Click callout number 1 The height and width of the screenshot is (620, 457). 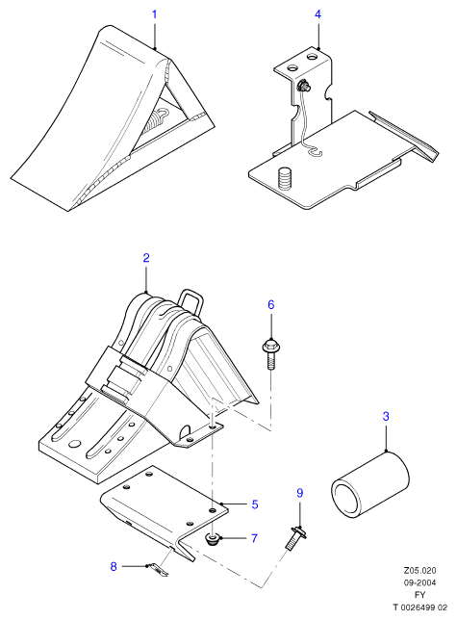pyautogui.click(x=155, y=14)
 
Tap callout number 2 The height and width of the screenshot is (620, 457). pyautogui.click(x=146, y=258)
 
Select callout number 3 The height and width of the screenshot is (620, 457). pyautogui.click(x=386, y=416)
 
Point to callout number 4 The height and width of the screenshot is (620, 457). pyautogui.click(x=317, y=14)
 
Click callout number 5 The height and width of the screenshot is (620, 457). pyautogui.click(x=255, y=504)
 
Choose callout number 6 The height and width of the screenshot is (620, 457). pyautogui.click(x=271, y=305)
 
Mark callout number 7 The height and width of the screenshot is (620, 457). pyautogui.click(x=254, y=538)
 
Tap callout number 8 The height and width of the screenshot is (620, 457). pyautogui.click(x=114, y=567)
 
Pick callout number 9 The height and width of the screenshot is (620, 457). pyautogui.click(x=300, y=493)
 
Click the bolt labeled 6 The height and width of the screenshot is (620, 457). pyautogui.click(x=270, y=353)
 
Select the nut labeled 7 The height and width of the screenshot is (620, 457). pyautogui.click(x=214, y=539)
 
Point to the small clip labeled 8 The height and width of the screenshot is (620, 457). pyautogui.click(x=159, y=569)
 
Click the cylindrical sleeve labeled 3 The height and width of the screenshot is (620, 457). pyautogui.click(x=369, y=486)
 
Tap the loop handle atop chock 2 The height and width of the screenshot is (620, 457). pyautogui.click(x=190, y=303)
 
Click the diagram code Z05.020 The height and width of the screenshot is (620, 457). pyautogui.click(x=419, y=571)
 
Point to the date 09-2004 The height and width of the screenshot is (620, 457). pyautogui.click(x=419, y=582)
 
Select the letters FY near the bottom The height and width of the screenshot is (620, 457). pyautogui.click(x=419, y=595)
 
